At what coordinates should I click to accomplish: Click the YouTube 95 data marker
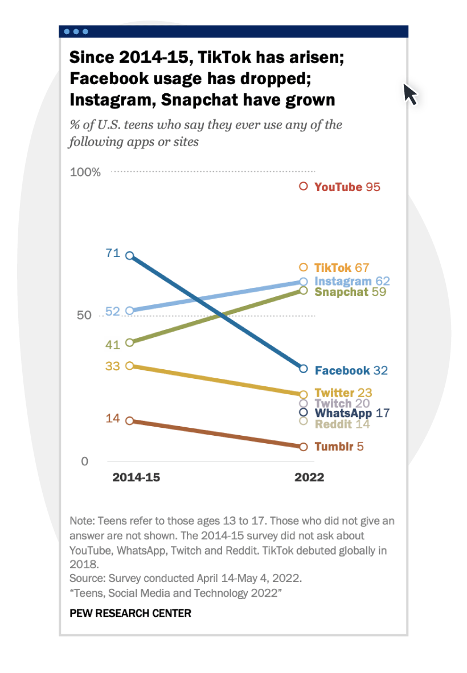304,186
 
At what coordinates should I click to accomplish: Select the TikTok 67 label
342,267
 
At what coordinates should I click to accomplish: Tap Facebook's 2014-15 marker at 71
129,255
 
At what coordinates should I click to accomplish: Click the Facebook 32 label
351,370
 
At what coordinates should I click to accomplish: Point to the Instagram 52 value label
112,311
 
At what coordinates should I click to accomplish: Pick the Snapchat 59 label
350,292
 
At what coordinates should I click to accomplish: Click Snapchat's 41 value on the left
112,344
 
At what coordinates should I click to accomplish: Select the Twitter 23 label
343,393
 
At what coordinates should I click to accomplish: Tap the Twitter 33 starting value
112,366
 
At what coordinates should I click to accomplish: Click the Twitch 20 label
342,403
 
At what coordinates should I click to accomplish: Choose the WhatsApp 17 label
352,413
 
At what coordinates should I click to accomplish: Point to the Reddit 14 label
342,424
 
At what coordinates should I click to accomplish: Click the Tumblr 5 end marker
304,447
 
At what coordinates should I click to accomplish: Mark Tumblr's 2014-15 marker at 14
129,420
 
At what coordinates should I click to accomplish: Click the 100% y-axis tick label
85,172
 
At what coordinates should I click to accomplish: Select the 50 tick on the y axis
84,316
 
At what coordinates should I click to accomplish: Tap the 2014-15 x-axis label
136,477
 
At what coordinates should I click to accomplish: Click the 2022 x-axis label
309,477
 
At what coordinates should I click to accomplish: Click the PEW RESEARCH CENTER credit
130,613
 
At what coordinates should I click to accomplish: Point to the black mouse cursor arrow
410,94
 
